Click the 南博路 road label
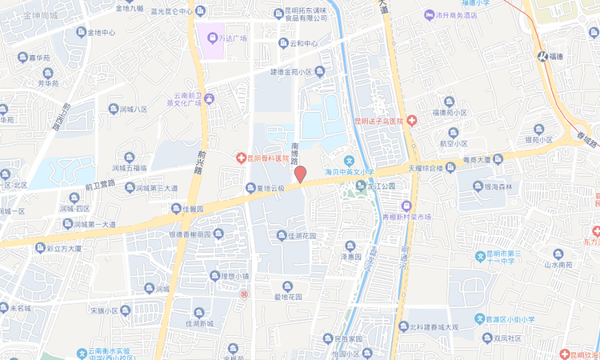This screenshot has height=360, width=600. pos(295,152)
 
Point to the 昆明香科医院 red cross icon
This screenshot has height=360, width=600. pos(239,158)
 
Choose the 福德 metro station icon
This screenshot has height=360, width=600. pos(542,56)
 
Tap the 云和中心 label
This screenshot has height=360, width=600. pos(304,43)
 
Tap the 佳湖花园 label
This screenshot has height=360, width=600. pos(297,236)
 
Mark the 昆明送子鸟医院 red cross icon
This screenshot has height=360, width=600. pos(411,121)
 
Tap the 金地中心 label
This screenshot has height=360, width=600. pos(96,33)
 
